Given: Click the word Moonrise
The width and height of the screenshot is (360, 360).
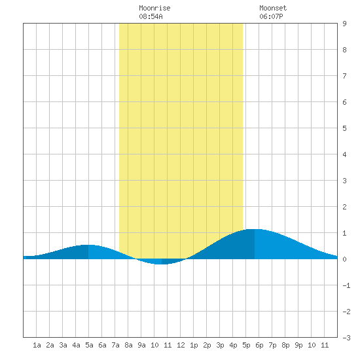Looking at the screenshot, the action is (154, 8).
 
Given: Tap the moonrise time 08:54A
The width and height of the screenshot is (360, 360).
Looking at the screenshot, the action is (151, 16).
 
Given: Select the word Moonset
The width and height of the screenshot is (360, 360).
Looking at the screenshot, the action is (273, 8).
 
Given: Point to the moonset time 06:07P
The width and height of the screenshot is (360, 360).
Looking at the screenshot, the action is (271, 16).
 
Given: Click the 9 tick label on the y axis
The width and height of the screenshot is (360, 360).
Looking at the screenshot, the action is (344, 24).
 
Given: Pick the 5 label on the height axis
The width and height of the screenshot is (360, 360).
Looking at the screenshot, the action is (344, 128).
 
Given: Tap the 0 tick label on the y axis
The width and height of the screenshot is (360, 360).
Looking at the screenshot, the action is (344, 259).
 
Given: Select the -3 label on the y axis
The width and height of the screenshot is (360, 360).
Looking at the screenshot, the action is (346, 338).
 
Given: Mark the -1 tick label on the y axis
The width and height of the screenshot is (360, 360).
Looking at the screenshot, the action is (346, 285).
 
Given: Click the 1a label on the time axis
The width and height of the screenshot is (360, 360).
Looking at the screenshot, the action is (37, 345).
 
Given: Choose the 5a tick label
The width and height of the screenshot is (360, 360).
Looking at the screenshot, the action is (89, 345).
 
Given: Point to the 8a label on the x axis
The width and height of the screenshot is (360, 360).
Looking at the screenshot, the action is (128, 345).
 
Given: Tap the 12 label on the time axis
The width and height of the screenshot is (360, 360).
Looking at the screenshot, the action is (181, 345).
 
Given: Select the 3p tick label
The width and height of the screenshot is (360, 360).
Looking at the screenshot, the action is (220, 345).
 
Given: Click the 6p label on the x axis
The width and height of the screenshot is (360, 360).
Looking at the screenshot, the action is (259, 345).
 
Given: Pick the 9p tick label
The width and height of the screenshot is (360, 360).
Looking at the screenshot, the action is (298, 345).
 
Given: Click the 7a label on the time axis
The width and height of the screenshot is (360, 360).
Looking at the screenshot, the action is (115, 345).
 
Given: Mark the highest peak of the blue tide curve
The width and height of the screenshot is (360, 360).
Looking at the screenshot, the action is (255, 229).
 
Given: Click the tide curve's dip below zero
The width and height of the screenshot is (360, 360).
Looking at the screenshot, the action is (162, 264).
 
